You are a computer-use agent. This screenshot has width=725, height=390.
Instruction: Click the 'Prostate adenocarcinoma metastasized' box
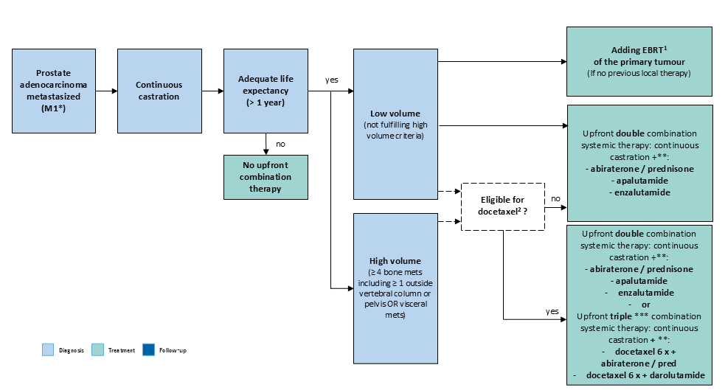tap(54, 91)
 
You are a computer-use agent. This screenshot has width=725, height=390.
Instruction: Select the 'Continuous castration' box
tap(159, 91)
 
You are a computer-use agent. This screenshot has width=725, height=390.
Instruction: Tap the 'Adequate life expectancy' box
tap(266, 91)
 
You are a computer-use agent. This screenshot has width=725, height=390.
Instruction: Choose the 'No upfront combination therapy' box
tap(266, 177)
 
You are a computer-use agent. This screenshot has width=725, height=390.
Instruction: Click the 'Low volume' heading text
tap(395, 114)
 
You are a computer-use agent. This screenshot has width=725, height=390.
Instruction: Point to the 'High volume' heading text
tap(395, 261)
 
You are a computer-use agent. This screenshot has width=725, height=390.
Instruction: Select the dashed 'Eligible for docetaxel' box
tap(503, 206)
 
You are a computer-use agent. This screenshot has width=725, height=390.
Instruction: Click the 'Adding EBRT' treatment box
tap(639, 61)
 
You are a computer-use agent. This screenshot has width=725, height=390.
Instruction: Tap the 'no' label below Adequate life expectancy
tap(281, 144)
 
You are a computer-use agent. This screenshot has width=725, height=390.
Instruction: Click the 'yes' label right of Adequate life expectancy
tap(331, 80)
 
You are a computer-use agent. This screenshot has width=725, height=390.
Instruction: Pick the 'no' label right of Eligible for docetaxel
tap(556, 199)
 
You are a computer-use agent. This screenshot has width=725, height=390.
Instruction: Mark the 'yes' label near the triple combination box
tap(552, 311)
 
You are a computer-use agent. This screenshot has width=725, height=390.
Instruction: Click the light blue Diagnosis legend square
tap(48, 349)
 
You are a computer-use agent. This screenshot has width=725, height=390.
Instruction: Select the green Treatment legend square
tap(97, 349)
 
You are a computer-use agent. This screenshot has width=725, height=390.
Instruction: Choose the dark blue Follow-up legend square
tap(148, 349)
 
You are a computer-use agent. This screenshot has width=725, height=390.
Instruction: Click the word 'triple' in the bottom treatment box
tap(620, 316)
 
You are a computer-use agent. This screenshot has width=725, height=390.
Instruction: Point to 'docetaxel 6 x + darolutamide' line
tap(645, 375)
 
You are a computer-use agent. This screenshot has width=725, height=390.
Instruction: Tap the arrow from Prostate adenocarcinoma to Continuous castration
tap(106, 91)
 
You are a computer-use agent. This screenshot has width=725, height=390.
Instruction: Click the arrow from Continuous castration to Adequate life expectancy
tap(212, 91)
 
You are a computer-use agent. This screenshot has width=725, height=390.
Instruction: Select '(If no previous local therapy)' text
tap(639, 73)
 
